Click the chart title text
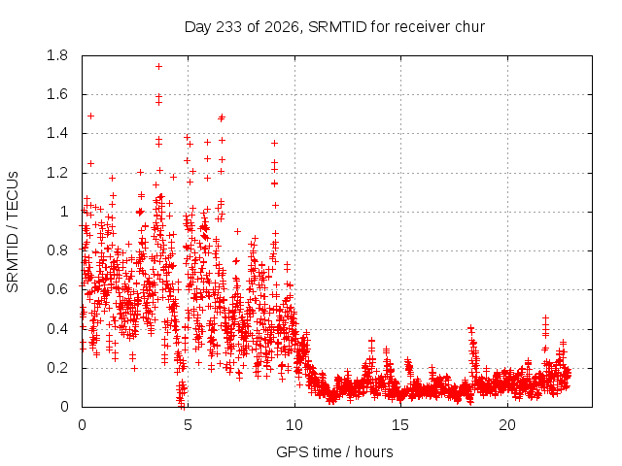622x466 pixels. coord(334,27)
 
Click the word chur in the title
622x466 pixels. coord(469,26)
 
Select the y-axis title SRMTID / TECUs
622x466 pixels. coord(13,231)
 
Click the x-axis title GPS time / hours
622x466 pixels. coord(334,451)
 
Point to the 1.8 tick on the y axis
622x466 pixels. coord(57,55)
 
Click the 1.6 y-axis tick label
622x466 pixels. coord(57,94)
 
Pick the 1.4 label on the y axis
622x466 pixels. coord(57,134)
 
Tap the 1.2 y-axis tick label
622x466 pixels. coord(57,173)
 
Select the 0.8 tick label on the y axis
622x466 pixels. coord(57,250)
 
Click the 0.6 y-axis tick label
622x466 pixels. coord(57,289)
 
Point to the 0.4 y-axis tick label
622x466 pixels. coord(57,328)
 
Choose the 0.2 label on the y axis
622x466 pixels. coord(57,368)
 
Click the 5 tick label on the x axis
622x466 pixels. coord(188,425)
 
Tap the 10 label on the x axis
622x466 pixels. coord(294,425)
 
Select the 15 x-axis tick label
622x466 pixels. coord(400,425)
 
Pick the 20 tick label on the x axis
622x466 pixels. coord(507,425)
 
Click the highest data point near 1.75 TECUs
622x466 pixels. coord(158,67)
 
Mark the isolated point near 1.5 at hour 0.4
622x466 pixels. coord(90,116)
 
